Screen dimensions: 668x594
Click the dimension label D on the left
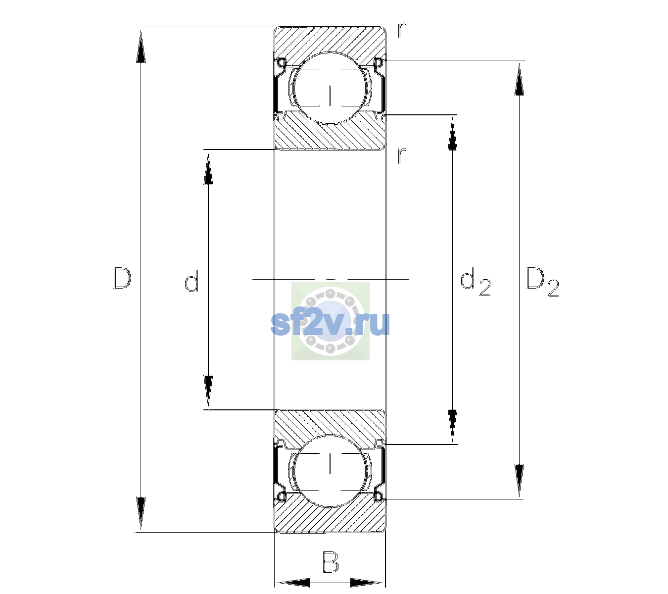click(122, 278)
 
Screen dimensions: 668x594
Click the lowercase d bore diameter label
click(191, 281)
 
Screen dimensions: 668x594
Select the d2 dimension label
click(476, 282)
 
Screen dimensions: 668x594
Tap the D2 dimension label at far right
click(542, 282)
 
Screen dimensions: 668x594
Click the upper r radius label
click(402, 30)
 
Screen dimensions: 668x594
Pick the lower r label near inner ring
click(402, 155)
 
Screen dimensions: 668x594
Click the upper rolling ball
click(330, 88)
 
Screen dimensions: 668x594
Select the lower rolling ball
click(330, 471)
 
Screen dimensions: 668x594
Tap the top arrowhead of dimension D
click(141, 46)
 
